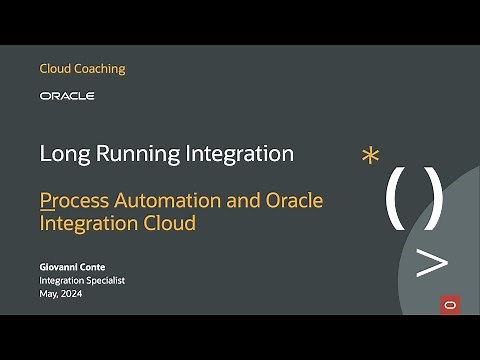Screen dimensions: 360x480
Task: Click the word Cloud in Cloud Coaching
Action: [55, 69]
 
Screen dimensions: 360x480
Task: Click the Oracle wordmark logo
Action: [67, 96]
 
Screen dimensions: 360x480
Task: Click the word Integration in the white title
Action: [241, 154]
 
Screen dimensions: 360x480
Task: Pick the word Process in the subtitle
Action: [75, 200]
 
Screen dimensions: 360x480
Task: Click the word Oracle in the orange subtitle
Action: [294, 200]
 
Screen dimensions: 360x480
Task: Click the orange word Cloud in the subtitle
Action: [170, 223]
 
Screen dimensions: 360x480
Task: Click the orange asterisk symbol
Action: [371, 156]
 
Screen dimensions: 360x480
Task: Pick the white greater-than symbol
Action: [431, 263]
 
